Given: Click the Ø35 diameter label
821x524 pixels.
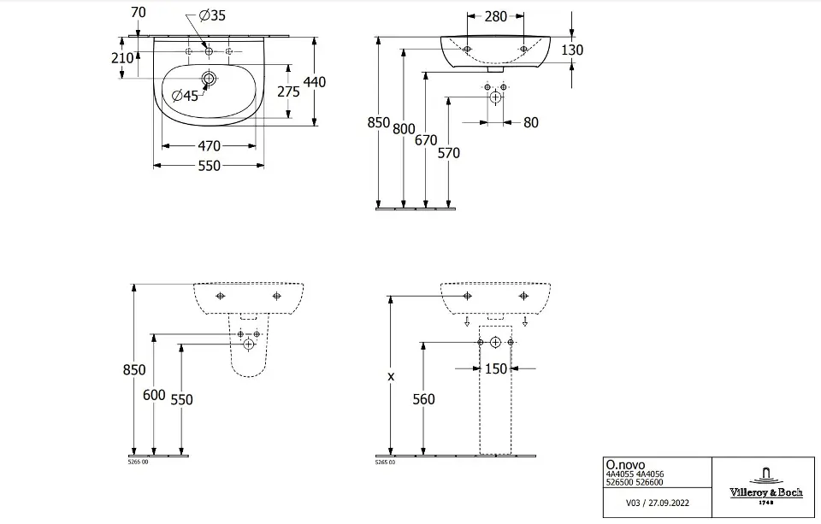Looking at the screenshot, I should point(211,15).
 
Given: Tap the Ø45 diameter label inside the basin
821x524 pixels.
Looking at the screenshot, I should point(185,96).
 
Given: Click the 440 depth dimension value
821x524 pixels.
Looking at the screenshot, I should point(315,82).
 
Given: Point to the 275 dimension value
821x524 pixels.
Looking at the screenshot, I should point(288,91).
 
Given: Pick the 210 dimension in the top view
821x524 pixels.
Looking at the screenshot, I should point(121,58).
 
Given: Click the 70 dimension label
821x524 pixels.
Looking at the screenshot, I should point(139,12).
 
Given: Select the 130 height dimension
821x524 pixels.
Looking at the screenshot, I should point(572,50).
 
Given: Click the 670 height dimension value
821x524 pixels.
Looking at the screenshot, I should point(426,140).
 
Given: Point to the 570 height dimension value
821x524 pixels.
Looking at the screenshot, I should point(448,153).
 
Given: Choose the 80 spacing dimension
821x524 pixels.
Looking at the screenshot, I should point(530,122).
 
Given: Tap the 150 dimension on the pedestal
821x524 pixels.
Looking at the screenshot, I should point(496,368).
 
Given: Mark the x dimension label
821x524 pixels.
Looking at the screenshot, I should point(391,376).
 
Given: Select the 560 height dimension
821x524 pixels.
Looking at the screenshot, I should point(423,399).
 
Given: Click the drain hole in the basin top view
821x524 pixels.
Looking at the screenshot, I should point(209,79).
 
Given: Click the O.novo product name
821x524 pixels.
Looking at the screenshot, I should point(622,465).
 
